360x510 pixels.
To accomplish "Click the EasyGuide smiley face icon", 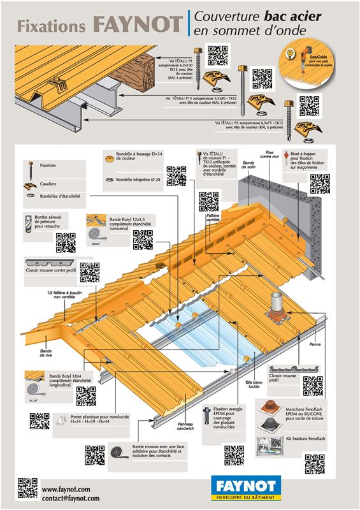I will [291, 50].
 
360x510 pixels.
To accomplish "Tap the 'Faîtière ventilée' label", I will [212, 219].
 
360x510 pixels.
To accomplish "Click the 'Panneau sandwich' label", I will [185, 426].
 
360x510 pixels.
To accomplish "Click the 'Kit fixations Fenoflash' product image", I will [268, 444].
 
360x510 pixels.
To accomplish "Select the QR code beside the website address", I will [27, 488].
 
